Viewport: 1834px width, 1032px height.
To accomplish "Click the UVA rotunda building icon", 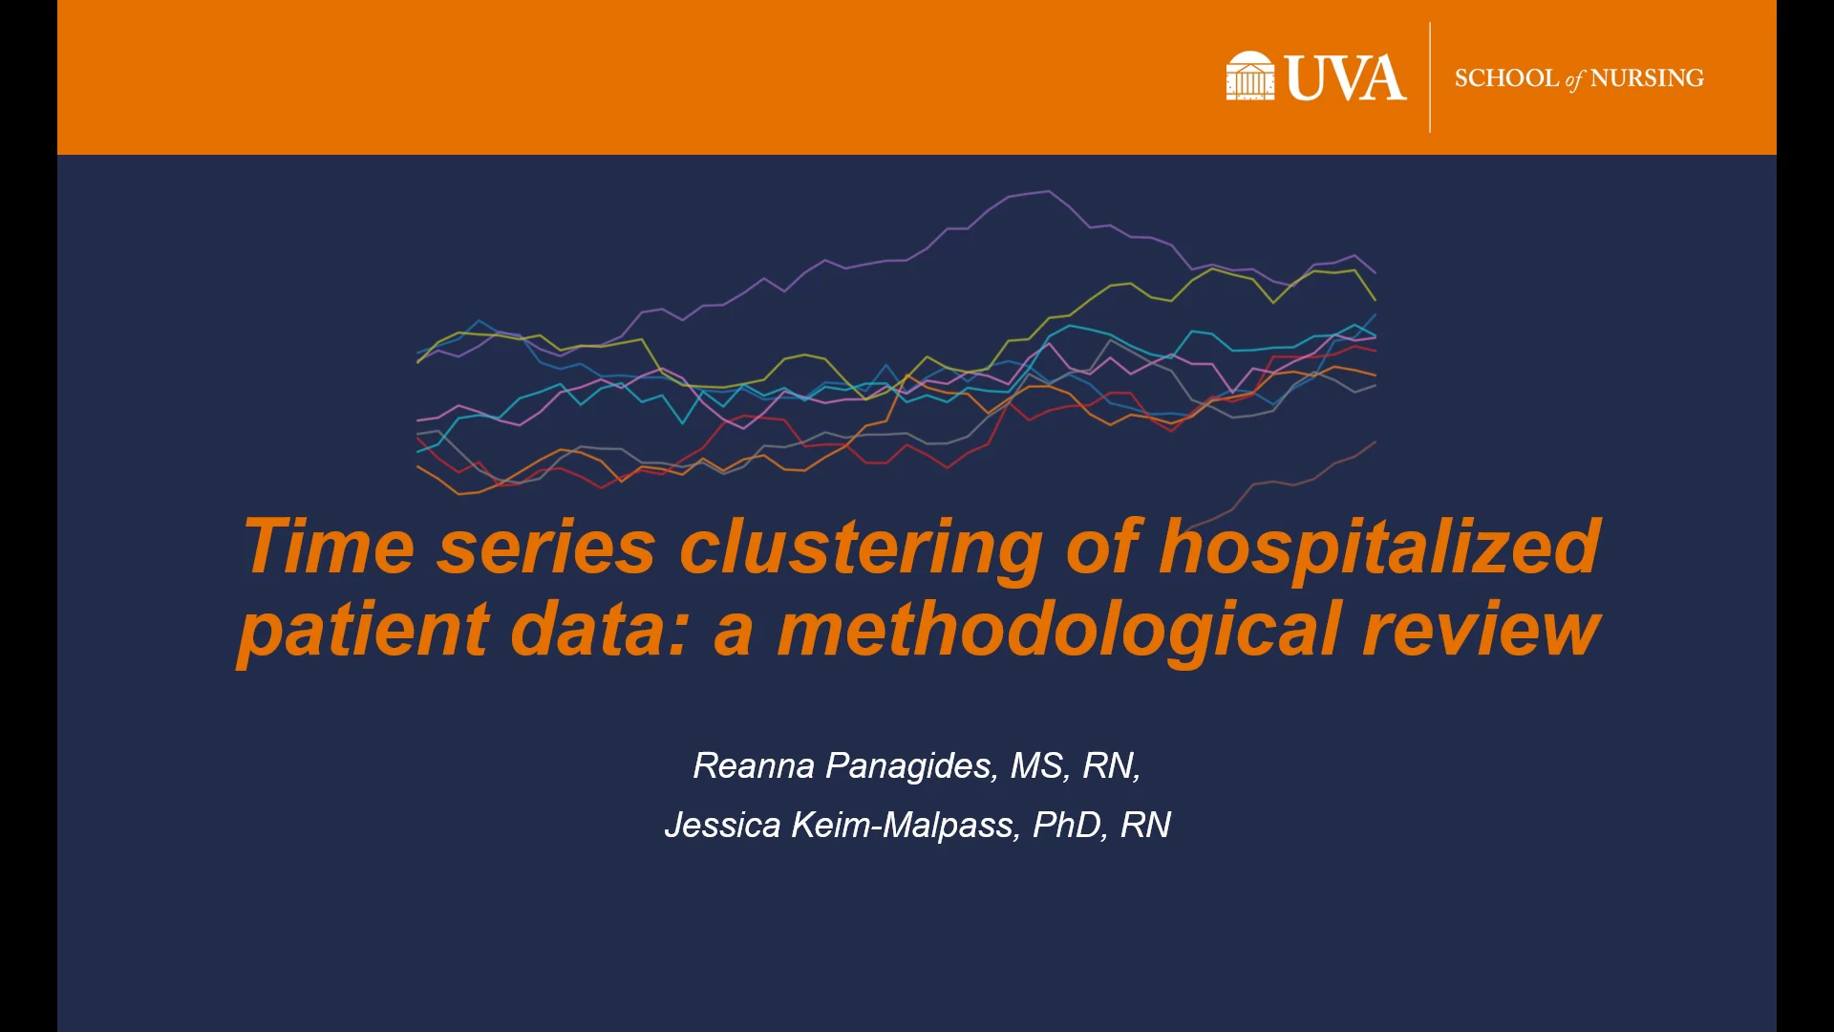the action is click(x=1249, y=75).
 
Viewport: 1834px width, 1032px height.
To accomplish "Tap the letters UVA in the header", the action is click(x=1346, y=77).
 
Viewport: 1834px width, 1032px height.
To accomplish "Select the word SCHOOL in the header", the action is click(x=1506, y=77).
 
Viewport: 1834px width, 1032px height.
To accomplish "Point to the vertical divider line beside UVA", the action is click(x=1430, y=77).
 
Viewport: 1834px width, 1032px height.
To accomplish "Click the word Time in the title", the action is click(x=329, y=547).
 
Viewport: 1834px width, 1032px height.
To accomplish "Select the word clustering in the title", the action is click(x=860, y=548).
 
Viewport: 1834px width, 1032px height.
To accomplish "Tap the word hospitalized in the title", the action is click(x=1380, y=548).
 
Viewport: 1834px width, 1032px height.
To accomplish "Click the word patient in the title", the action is click(x=363, y=631).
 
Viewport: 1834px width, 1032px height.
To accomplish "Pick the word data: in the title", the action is click(x=599, y=629).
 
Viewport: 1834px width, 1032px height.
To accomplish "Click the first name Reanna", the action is click(x=754, y=765).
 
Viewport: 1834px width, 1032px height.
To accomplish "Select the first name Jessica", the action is click(x=722, y=825).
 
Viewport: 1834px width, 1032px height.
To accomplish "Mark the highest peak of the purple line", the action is click(x=1049, y=191).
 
